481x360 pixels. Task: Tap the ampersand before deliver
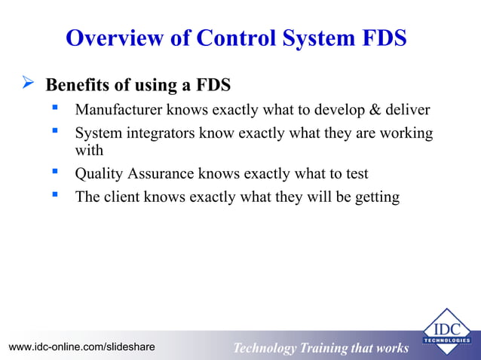pos(375,110)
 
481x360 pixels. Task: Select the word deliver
pos(409,110)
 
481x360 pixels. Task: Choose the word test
pos(355,174)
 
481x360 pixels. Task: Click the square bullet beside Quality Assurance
pos(54,172)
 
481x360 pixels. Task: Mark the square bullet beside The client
pos(54,196)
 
